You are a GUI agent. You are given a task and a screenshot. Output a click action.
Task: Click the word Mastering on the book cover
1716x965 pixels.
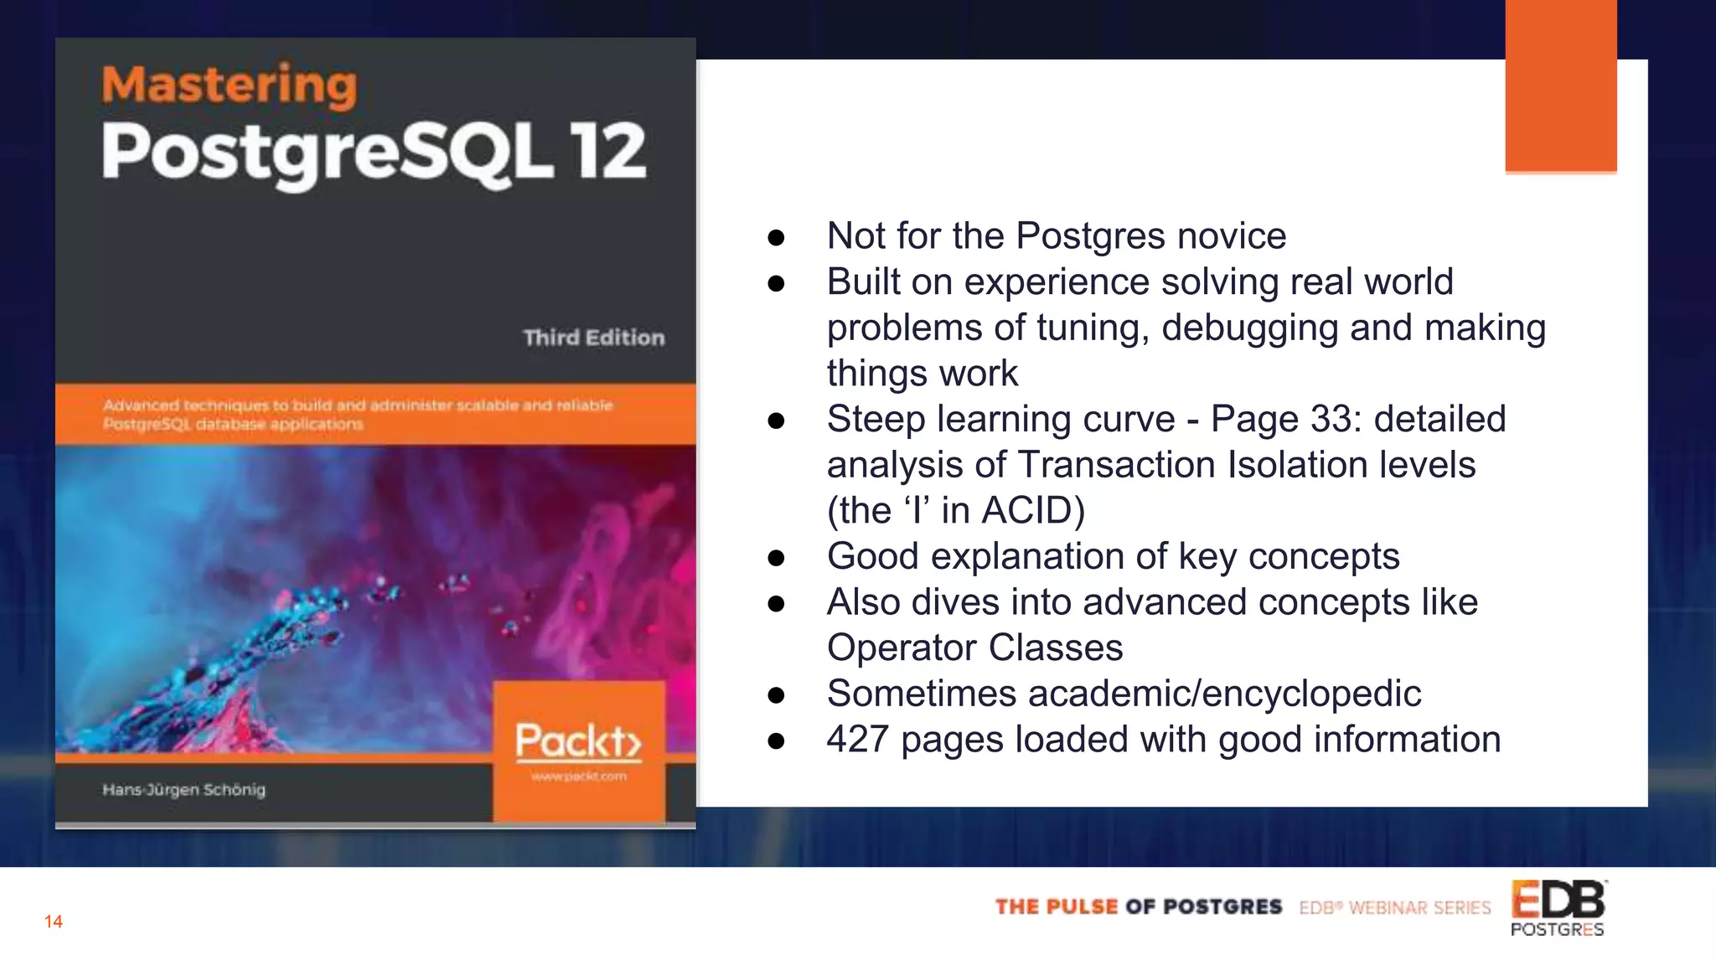point(229,85)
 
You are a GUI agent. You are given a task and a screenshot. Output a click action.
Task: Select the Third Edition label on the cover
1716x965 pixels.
point(593,338)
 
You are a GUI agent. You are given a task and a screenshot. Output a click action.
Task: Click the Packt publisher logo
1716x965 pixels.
point(578,741)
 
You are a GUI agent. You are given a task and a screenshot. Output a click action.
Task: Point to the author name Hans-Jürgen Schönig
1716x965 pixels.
point(183,789)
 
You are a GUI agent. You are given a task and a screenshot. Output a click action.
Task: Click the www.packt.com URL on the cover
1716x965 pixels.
point(578,777)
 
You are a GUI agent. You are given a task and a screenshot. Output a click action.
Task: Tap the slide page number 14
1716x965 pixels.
point(54,921)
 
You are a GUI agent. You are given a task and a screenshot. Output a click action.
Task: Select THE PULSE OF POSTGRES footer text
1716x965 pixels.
point(1138,907)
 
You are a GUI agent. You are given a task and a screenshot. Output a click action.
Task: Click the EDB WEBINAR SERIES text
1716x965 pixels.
point(1395,908)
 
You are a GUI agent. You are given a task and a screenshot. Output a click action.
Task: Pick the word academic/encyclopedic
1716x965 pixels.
point(1224,694)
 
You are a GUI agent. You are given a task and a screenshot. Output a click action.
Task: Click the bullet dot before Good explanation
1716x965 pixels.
point(776,557)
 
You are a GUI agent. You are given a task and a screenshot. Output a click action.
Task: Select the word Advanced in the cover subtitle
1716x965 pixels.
point(140,405)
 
